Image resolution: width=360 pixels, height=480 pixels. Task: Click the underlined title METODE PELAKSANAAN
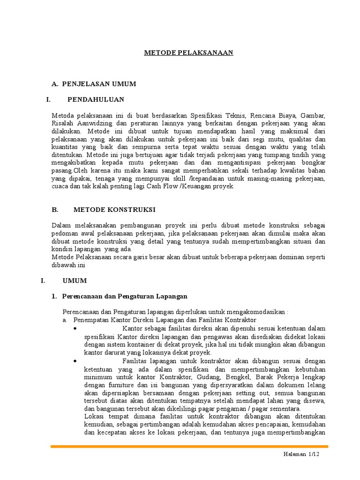tap(188, 53)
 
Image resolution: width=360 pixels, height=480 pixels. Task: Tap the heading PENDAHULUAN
tap(96, 99)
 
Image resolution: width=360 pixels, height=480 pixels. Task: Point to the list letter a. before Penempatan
tap(65, 319)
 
